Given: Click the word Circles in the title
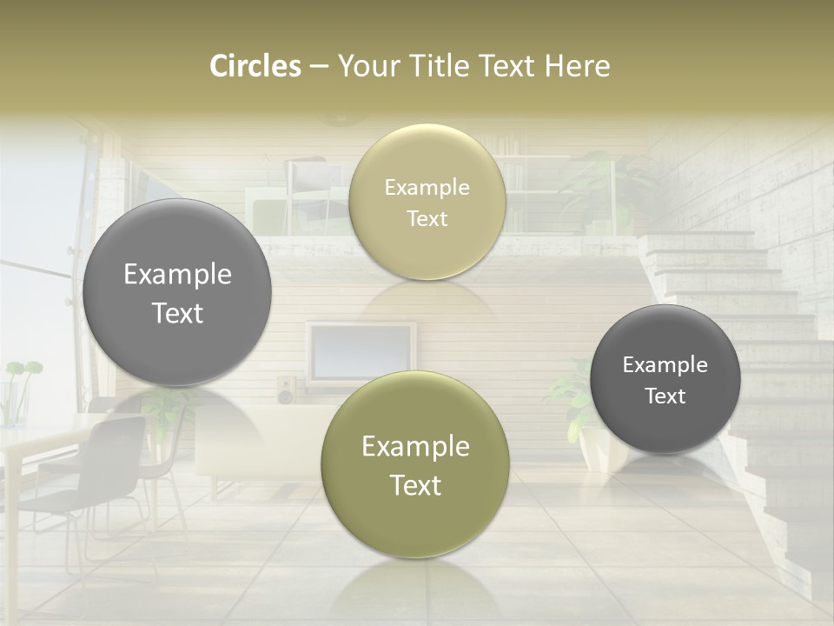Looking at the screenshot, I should pyautogui.click(x=255, y=66).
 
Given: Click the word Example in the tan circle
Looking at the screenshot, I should pyautogui.click(x=427, y=188).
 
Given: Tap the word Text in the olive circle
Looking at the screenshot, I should pyautogui.click(x=415, y=485).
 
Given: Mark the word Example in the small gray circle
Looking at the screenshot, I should pyautogui.click(x=665, y=365).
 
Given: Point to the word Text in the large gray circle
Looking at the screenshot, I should pyautogui.click(x=177, y=313).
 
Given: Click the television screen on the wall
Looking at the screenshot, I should pyautogui.click(x=361, y=351).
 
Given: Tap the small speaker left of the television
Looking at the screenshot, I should pyautogui.click(x=286, y=390).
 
